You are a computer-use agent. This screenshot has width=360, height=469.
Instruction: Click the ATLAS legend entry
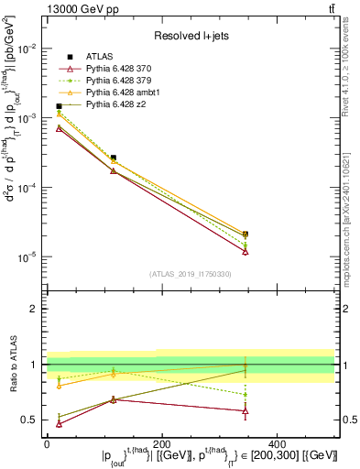(x=101, y=57)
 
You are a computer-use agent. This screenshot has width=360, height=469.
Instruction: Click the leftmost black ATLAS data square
(x=59, y=106)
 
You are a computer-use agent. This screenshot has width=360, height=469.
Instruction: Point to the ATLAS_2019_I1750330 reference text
(x=191, y=274)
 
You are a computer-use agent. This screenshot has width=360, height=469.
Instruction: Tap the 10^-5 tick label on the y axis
(x=27, y=256)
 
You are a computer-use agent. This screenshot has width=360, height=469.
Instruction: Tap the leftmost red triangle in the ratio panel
(x=59, y=423)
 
